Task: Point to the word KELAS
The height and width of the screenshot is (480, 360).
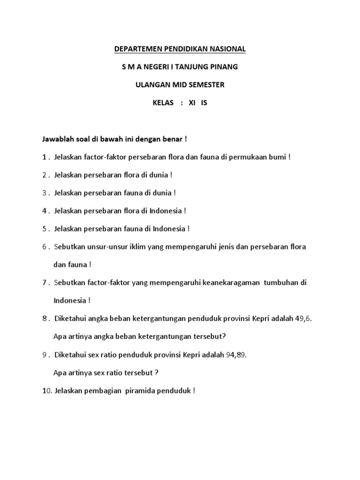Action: coord(163,103)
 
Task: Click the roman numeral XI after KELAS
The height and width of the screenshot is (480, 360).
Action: coord(191,103)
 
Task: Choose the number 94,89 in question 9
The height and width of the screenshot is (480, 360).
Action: coord(236,354)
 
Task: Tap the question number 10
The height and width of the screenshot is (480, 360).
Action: coord(46,390)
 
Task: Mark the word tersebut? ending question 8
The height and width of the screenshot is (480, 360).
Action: coord(210,337)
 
